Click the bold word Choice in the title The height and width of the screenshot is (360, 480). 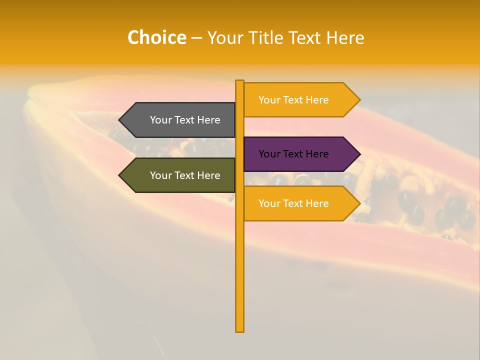click(x=156, y=37)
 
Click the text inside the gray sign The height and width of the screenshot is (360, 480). click(x=185, y=120)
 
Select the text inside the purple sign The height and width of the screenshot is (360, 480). click(x=293, y=154)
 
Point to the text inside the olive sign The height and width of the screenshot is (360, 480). click(x=185, y=175)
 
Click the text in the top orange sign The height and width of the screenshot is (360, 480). click(x=293, y=100)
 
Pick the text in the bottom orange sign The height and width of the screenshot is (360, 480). click(x=293, y=203)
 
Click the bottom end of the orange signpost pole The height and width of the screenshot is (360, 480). click(x=239, y=330)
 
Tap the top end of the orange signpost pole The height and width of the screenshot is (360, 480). click(x=239, y=82)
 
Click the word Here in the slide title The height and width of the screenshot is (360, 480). click(x=345, y=37)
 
